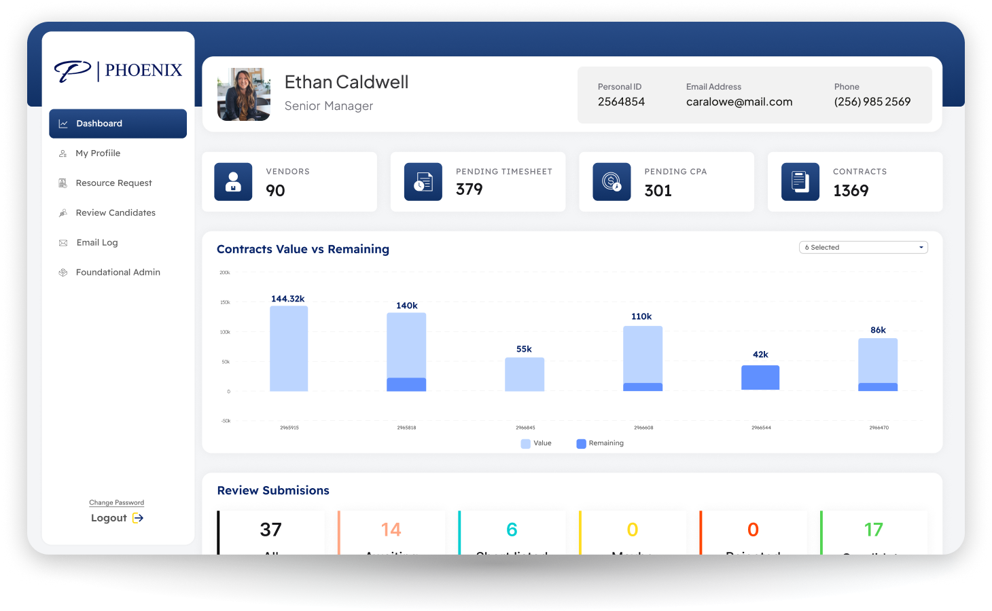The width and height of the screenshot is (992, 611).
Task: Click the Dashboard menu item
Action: point(118,124)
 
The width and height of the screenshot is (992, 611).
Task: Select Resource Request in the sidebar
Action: point(113,183)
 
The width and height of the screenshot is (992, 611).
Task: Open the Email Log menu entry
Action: point(96,242)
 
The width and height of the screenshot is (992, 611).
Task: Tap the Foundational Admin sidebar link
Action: point(118,272)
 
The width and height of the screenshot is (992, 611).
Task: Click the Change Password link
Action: point(116,502)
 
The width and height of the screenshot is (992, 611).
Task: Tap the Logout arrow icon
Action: point(138,518)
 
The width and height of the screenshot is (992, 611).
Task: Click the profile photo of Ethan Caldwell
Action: point(244,94)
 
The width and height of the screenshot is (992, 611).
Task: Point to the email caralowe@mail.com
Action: point(739,102)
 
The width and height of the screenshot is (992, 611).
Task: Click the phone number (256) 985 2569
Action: point(872,102)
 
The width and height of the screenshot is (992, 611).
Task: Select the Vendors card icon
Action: point(233,182)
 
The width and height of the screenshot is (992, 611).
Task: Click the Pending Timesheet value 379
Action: point(470,189)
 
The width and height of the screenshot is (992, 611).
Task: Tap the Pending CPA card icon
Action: point(612,182)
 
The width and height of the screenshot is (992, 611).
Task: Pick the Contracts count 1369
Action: point(851,191)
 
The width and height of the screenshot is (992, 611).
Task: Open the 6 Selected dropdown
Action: point(863,247)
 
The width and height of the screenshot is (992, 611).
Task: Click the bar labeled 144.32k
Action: point(289,348)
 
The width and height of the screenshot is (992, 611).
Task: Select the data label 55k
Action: point(524,349)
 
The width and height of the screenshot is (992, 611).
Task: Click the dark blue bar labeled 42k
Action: point(760,377)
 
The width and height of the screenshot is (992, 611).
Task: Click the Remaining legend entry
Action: point(600,443)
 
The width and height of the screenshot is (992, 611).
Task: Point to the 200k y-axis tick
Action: point(225,272)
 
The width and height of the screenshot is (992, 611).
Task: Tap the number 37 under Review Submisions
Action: point(270,530)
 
